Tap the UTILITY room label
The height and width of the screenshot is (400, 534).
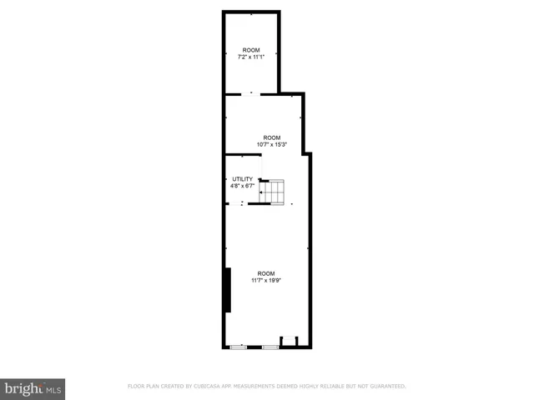click(x=242, y=179)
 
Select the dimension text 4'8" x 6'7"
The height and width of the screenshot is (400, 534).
click(x=242, y=186)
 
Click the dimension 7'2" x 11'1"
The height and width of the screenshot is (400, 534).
click(x=252, y=57)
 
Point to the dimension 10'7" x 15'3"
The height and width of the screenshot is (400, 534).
click(x=272, y=144)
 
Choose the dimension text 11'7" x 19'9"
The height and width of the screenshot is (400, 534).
click(x=265, y=281)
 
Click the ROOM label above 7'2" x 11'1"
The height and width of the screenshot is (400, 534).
click(x=252, y=51)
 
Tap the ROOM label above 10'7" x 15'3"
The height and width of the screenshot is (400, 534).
click(x=272, y=137)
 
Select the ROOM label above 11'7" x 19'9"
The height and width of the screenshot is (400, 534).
click(x=265, y=273)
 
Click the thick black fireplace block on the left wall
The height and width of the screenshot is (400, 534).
click(x=227, y=290)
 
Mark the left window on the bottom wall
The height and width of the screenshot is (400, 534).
click(x=239, y=346)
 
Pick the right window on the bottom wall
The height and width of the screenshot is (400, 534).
click(x=270, y=346)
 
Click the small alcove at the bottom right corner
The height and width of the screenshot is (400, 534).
click(x=289, y=341)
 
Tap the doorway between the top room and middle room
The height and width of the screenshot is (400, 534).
click(x=252, y=93)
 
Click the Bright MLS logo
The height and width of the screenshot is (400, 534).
click(x=33, y=389)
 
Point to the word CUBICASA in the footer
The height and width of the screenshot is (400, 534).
click(x=206, y=386)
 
